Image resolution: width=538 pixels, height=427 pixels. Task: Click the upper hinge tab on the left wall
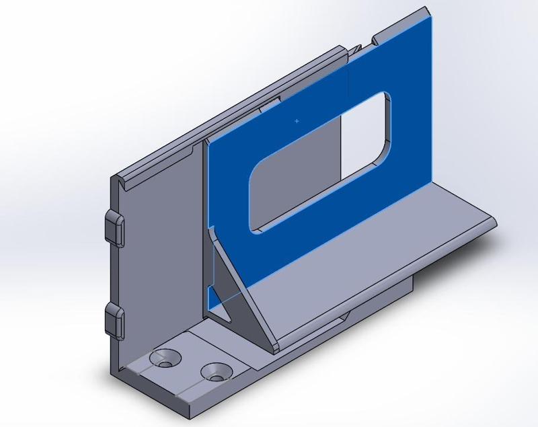pyautogui.click(x=114, y=227)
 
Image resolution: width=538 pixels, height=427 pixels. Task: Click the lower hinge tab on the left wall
pyautogui.click(x=114, y=319)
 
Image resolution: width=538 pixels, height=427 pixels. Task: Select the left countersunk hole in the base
pyautogui.click(x=165, y=358)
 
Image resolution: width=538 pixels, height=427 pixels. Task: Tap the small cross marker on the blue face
pyautogui.click(x=297, y=121)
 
